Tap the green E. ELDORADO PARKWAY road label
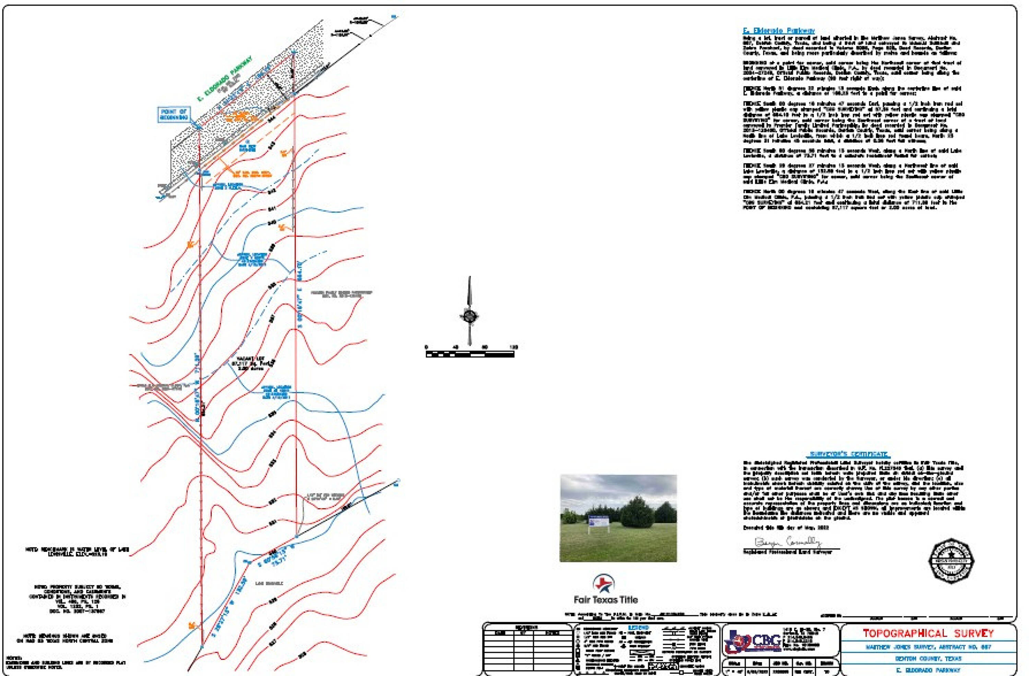point(224,79)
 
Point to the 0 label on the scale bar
point(426,347)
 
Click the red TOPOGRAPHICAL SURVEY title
point(928,634)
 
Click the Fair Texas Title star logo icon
point(604,584)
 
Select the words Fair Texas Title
point(606,600)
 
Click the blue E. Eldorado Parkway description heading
point(779,31)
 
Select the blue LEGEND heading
point(638,628)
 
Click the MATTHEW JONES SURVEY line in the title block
point(928,647)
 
